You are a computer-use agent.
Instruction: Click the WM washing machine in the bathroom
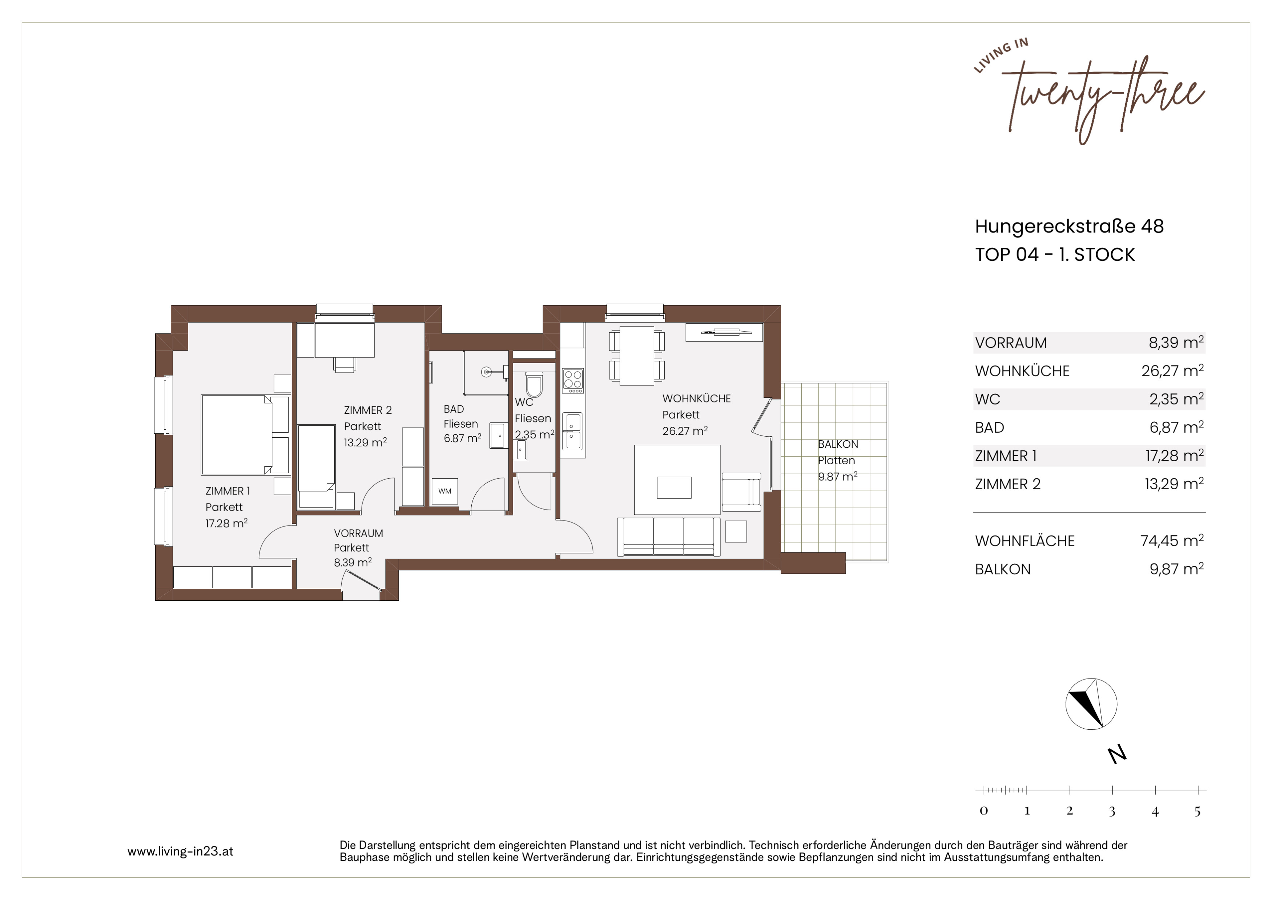pos(445,491)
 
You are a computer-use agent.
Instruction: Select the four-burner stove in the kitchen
pos(573,381)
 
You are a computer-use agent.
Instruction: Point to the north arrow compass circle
pos(1091,704)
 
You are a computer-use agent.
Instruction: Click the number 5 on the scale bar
pos(1197,811)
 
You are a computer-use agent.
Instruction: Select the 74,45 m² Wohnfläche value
pos(1172,541)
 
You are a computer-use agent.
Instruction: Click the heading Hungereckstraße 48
pos(1069,226)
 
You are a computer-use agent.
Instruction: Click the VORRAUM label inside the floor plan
pos(358,534)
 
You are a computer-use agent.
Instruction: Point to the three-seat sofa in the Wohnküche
pos(669,536)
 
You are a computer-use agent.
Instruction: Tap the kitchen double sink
pos(573,431)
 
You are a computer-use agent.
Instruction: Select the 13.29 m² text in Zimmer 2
pos(365,442)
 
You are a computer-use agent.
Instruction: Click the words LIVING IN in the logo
pos(1001,55)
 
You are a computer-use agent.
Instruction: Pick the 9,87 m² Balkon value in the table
pos(1177,569)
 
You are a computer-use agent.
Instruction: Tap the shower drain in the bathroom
pos(486,372)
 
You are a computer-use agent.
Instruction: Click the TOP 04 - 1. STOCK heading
pos(1055,255)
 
